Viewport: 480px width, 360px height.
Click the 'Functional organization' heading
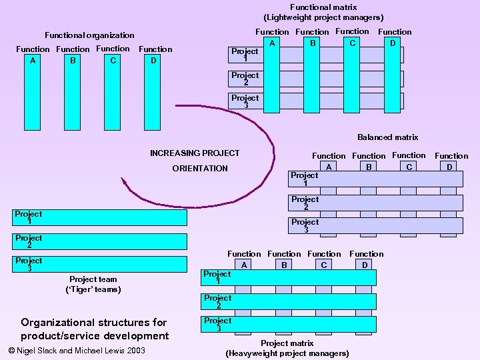coord(89,35)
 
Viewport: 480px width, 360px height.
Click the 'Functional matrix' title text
coord(323,7)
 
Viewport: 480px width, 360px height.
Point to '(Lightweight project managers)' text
coord(323,17)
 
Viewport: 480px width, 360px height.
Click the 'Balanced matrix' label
coord(387,137)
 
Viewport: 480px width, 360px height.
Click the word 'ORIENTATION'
coord(200,169)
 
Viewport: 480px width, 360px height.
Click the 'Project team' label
coord(93,279)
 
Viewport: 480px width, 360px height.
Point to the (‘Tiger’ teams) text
coord(93,289)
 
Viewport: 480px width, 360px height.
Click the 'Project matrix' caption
coord(287,343)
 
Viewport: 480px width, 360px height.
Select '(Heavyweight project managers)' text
coord(287,353)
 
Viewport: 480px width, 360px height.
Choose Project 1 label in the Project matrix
coord(217,277)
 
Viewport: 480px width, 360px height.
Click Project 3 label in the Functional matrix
coord(245,101)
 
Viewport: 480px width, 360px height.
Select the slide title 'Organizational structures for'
coord(94,323)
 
